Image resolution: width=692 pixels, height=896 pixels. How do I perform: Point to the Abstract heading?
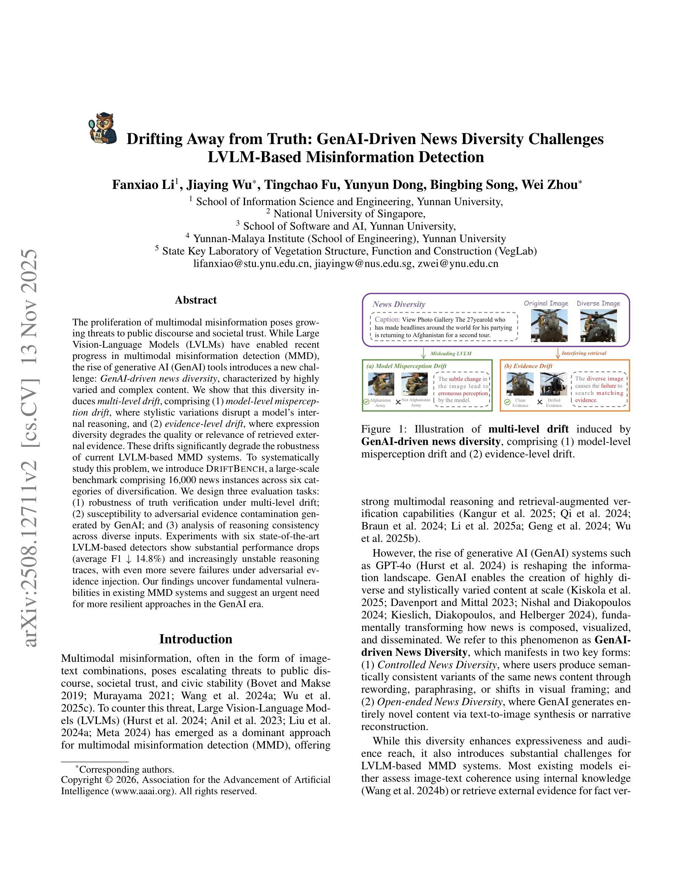[x=196, y=300]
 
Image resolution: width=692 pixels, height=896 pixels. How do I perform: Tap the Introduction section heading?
[x=196, y=639]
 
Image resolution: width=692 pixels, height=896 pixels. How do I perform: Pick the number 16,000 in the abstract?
[x=184, y=480]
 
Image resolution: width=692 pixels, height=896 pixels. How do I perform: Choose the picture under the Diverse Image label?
[x=598, y=325]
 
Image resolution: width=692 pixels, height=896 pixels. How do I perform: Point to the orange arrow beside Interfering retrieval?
[x=557, y=353]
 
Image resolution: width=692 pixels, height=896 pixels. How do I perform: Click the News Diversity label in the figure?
[x=398, y=304]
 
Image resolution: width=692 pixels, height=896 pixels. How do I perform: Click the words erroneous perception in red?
[x=463, y=393]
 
